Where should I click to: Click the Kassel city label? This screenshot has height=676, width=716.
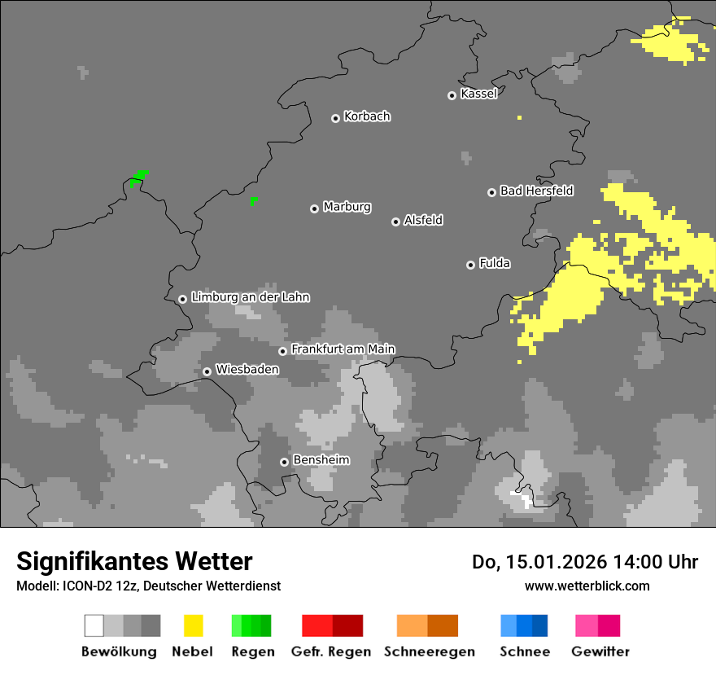point(478,94)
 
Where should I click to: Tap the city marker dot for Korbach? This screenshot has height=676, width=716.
point(335,118)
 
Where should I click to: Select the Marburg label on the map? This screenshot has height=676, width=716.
point(347,207)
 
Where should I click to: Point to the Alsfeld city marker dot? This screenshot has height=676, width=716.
point(395,222)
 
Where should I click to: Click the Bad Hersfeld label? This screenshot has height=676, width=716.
point(536,191)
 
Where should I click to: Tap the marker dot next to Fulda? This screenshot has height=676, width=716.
point(470,265)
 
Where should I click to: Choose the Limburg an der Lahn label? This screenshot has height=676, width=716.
point(250,297)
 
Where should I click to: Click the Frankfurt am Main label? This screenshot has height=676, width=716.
point(343,349)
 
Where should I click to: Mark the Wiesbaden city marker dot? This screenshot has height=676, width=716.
point(207,371)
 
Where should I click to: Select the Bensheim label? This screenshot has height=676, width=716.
point(321,460)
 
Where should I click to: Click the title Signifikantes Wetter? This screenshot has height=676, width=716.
point(134,561)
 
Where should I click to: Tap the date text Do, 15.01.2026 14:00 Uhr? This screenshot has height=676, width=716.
point(585,562)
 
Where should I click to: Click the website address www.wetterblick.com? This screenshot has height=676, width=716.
point(587,586)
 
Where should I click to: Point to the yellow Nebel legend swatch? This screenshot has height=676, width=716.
point(193,626)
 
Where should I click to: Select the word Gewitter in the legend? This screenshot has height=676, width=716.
point(600,652)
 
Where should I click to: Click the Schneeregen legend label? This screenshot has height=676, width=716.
point(430,652)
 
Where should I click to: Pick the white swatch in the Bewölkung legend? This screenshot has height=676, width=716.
point(94,626)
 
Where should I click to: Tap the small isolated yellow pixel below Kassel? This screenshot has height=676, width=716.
point(519,118)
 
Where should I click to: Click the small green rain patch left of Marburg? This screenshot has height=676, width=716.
point(254,200)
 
